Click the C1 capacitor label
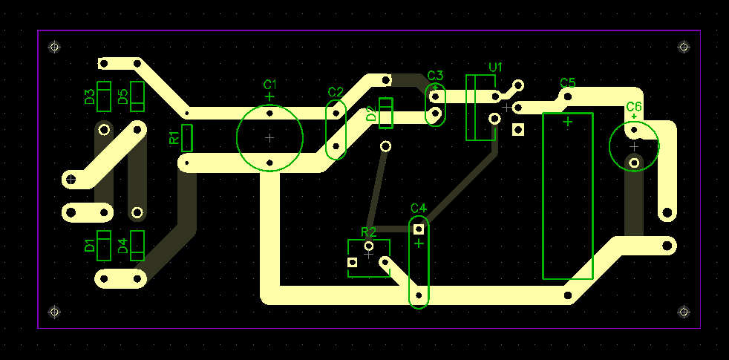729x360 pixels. pyautogui.click(x=269, y=85)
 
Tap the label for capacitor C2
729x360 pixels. pyautogui.click(x=336, y=92)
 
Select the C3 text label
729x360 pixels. pyautogui.click(x=435, y=76)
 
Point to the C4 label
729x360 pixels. pyautogui.click(x=419, y=208)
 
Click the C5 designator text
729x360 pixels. pyautogui.click(x=568, y=83)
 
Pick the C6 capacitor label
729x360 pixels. pyautogui.click(x=634, y=106)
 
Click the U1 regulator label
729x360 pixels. pyautogui.click(x=496, y=68)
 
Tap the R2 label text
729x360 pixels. pyautogui.click(x=369, y=232)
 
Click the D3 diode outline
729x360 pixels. pyautogui.click(x=104, y=96)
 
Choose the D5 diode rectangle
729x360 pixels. pyautogui.click(x=137, y=96)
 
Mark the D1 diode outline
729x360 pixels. pyautogui.click(x=104, y=246)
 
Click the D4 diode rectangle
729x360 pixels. pyautogui.click(x=137, y=246)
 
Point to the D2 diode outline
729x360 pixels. pyautogui.click(x=386, y=113)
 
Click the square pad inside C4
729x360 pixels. pyautogui.click(x=419, y=229)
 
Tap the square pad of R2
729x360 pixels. pyautogui.click(x=353, y=262)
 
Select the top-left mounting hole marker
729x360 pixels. pyautogui.click(x=54, y=47)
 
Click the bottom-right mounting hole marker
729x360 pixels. pyautogui.click(x=684, y=312)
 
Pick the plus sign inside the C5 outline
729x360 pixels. pyautogui.click(x=568, y=122)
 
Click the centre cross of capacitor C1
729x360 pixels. pyautogui.click(x=269, y=137)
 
